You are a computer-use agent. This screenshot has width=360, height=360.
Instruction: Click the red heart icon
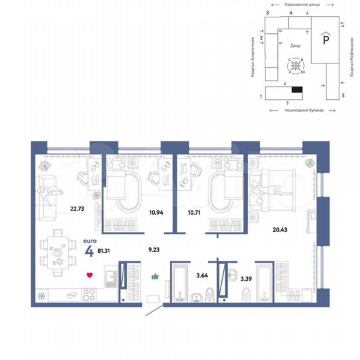(89, 274)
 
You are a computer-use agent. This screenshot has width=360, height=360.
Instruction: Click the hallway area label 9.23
(154, 252)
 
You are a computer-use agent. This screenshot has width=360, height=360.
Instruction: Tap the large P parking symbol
(325, 39)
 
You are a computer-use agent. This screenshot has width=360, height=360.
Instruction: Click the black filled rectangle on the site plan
(297, 89)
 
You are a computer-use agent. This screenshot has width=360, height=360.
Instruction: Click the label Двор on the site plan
(295, 46)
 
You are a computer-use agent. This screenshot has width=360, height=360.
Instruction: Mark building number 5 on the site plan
(343, 96)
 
